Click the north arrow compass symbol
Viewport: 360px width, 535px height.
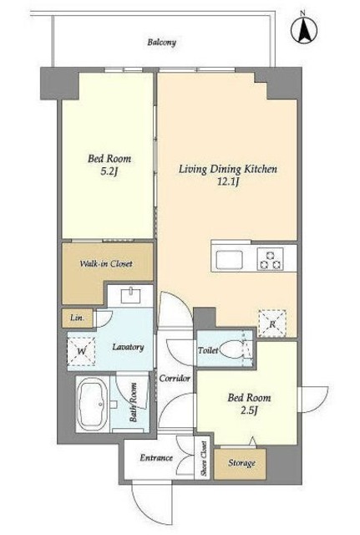point(303,29)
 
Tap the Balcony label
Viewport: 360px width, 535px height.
point(161,43)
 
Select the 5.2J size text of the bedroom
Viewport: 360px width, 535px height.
point(109,171)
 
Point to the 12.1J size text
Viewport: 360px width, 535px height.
point(228,182)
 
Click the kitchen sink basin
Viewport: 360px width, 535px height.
point(230,260)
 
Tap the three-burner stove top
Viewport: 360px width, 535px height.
point(271,259)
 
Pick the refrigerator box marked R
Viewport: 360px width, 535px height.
point(272,324)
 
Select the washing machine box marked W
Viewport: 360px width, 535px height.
point(81,351)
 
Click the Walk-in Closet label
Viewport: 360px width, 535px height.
point(106,264)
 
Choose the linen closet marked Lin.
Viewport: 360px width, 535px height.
point(78,318)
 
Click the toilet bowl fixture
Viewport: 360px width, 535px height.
point(231,349)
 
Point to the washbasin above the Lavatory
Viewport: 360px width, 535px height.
point(131,296)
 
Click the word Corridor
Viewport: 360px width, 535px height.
point(175,379)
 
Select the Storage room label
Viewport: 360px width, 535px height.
point(241,463)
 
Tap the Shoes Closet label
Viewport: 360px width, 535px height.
point(204,459)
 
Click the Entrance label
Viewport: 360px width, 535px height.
point(156,458)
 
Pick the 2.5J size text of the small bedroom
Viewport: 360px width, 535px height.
point(249,410)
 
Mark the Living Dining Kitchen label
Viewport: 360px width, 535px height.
point(228,169)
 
